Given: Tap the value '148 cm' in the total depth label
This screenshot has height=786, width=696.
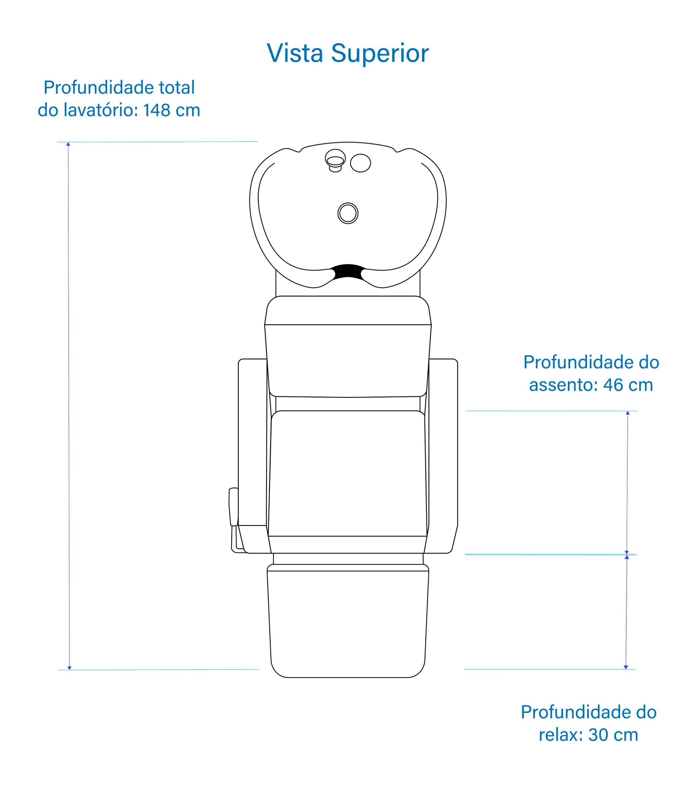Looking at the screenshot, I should pos(172,110).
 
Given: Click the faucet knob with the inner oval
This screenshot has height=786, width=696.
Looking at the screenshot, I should pos(335,159).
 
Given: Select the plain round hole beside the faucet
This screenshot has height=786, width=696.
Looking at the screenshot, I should pos(360,163).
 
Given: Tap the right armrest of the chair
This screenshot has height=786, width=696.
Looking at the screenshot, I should pos(443,442).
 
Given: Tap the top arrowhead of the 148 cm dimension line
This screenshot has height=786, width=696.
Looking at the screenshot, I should pos(68,144).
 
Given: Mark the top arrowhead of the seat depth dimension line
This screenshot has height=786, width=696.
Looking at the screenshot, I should pos(628,413).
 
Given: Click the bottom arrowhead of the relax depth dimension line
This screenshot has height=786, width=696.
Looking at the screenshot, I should pos(626,667).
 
